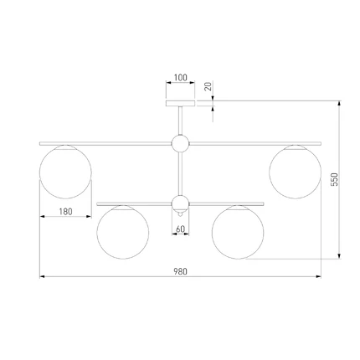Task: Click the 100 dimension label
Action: click(181, 77)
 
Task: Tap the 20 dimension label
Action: click(208, 86)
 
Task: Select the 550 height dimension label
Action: click(335, 179)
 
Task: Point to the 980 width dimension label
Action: click(181, 271)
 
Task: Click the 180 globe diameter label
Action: click(65, 212)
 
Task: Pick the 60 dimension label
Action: click(180, 229)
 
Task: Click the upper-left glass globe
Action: click(65, 172)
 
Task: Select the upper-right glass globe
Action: click(296, 172)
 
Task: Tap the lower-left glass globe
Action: click(123, 232)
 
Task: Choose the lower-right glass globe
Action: click(238, 232)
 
